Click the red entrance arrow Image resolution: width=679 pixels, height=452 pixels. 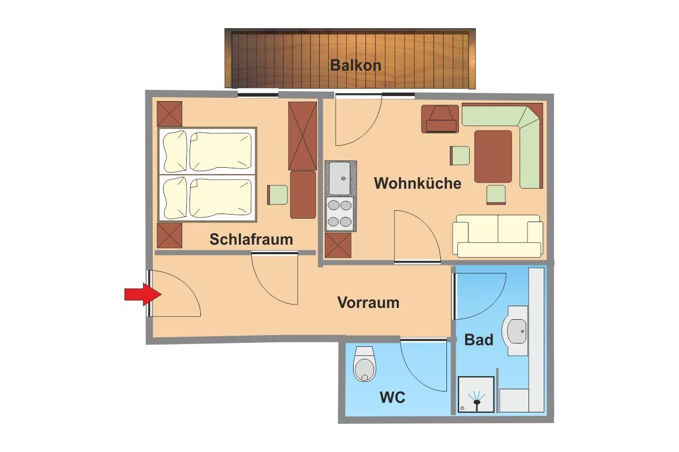[x=143, y=294]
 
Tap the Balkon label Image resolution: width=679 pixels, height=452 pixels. [x=355, y=66]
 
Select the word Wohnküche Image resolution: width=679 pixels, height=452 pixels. [x=418, y=183]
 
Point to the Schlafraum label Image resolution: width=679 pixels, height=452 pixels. [x=251, y=239]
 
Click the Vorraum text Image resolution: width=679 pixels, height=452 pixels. [x=368, y=302]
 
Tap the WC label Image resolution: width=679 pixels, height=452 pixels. [x=393, y=397]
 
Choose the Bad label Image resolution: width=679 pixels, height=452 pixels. [x=479, y=340]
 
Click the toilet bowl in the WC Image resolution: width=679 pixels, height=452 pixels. [x=364, y=364]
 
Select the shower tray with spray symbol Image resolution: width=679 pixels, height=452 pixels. [x=476, y=394]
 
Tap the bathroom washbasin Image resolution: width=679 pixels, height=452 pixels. [x=515, y=331]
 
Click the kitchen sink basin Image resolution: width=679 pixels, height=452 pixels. [x=339, y=179]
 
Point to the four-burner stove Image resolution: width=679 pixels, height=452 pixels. [x=339, y=214]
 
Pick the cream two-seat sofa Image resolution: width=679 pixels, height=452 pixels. [x=497, y=236]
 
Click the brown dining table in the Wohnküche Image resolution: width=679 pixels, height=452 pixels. [x=493, y=157]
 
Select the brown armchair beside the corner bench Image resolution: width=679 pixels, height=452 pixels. [x=440, y=119]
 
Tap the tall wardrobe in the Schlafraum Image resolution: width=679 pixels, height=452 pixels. [x=302, y=136]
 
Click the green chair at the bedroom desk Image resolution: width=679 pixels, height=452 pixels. [x=277, y=195]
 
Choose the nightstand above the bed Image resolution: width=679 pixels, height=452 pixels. [x=169, y=114]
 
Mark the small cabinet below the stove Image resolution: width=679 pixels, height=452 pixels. [x=338, y=245]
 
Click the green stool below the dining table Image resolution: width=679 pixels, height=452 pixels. [x=496, y=195]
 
